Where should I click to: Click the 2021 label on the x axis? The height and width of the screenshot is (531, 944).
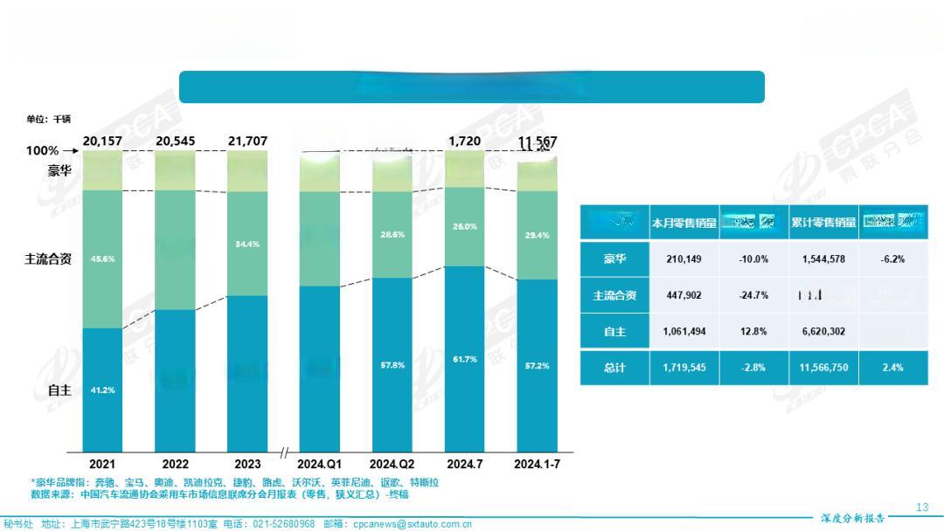[x=102, y=464]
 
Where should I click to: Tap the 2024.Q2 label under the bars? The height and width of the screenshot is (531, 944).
[x=392, y=464]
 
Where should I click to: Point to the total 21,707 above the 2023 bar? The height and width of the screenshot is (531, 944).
[x=247, y=141]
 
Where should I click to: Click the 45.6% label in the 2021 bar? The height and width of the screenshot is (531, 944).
[x=102, y=259]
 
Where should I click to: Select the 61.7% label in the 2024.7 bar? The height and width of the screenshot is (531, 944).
[x=465, y=359]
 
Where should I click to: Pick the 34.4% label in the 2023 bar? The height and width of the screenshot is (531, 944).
[x=247, y=244]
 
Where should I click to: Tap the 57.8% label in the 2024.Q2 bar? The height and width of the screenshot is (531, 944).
[x=392, y=364]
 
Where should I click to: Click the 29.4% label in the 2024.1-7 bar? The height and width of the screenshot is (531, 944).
[x=537, y=235]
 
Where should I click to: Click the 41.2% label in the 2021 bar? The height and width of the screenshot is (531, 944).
[x=102, y=390]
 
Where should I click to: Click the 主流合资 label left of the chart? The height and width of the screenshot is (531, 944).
[x=47, y=259]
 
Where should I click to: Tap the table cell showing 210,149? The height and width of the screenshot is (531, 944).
[x=684, y=259]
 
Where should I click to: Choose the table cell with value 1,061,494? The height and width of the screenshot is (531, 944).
[x=684, y=332]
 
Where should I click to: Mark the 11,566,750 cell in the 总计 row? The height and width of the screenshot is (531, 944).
[x=823, y=368]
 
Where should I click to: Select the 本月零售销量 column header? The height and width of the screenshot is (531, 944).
[x=684, y=223]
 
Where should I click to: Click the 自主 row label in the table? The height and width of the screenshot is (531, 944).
[x=614, y=332]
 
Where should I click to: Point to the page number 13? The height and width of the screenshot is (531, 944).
[x=922, y=507]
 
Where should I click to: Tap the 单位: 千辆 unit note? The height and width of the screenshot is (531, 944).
[x=48, y=119]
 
